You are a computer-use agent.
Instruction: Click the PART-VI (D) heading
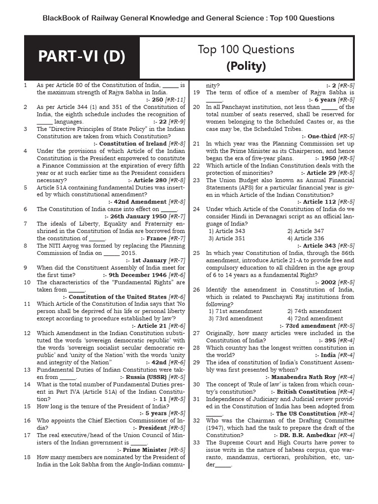point(82,58)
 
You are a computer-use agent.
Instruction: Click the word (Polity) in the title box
point(246,66)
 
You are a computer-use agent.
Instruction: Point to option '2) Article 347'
point(306,231)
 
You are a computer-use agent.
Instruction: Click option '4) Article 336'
point(306,238)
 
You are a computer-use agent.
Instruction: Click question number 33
point(196,442)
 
